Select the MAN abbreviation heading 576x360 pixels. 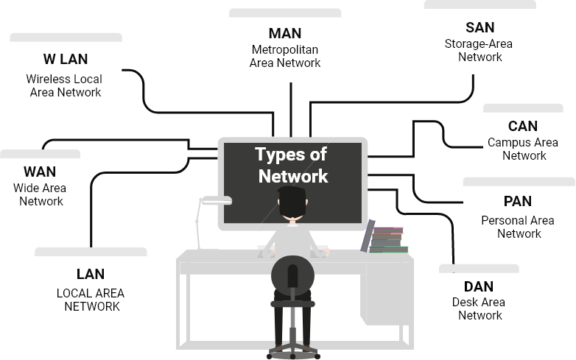tap(285, 33)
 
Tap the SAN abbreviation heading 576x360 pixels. tap(480, 27)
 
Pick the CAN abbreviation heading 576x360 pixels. tap(523, 127)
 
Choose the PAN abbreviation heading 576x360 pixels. tap(518, 201)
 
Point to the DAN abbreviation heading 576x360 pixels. tap(479, 286)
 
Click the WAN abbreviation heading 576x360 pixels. tap(40, 172)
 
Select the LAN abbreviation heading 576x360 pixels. tap(90, 275)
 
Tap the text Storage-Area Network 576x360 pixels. tap(480, 50)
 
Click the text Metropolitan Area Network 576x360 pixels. tap(285, 56)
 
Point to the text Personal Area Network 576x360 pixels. tap(518, 227)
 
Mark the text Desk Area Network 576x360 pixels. tap(480, 308)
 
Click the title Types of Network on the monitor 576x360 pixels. tap(292, 166)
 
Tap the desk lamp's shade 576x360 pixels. tap(217, 200)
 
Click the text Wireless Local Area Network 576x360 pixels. tap(65, 85)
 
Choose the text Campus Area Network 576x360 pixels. tap(524, 149)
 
